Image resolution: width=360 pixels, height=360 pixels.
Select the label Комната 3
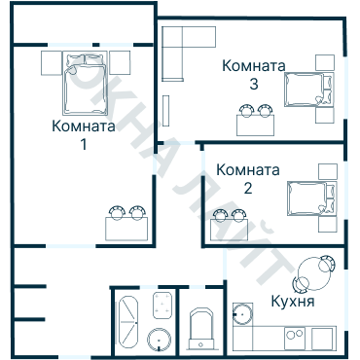click(x=253, y=75)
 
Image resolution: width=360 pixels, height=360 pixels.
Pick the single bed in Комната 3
click(x=309, y=90)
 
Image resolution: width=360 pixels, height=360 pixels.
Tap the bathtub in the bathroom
click(x=129, y=319)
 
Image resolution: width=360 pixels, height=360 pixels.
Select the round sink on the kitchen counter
click(x=241, y=313)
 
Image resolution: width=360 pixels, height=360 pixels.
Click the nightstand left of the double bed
click(x=52, y=64)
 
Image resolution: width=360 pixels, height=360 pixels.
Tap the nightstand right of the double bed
click(x=120, y=64)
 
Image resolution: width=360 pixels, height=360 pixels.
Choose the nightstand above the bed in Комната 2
click(x=328, y=171)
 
